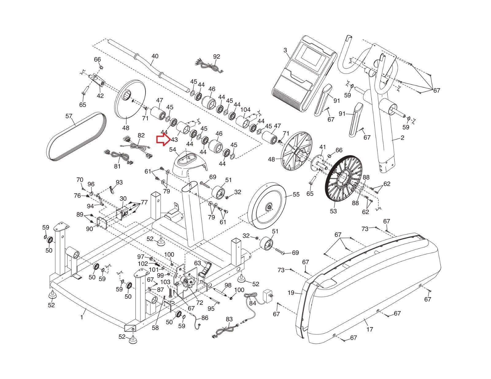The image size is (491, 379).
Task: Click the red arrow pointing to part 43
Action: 163,140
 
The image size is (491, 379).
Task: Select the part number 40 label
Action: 155,56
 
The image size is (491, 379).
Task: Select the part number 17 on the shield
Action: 370,329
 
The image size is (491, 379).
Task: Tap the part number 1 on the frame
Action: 82,317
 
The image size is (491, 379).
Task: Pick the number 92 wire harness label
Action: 217,56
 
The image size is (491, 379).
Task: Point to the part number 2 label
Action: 402,138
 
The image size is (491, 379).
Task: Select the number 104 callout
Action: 245,109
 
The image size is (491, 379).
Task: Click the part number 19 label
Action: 291,293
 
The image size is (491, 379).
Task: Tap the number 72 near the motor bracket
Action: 200,303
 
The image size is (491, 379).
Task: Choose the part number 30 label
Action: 123,199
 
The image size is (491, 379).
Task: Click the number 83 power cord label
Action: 229,319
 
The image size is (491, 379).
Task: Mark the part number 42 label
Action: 100,96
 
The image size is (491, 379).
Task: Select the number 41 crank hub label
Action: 323,147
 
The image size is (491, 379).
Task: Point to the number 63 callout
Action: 197,263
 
